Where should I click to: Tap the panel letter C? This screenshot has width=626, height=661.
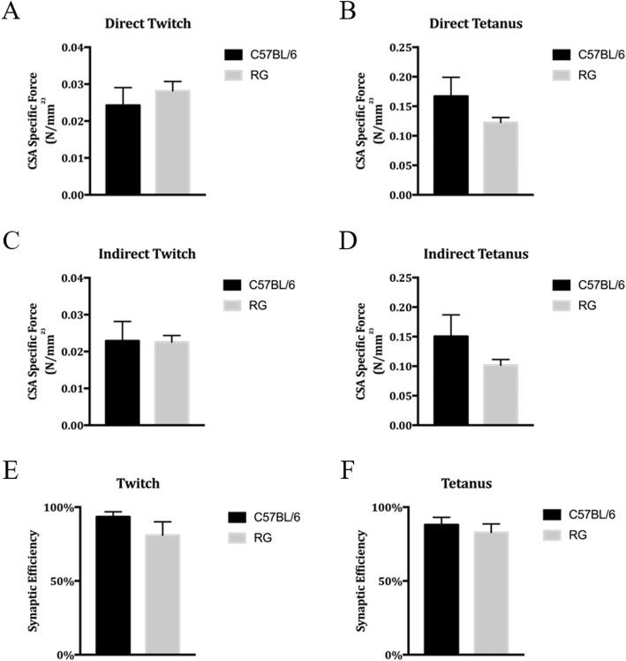(x=11, y=239)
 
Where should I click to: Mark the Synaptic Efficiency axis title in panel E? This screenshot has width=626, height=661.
(x=35, y=581)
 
